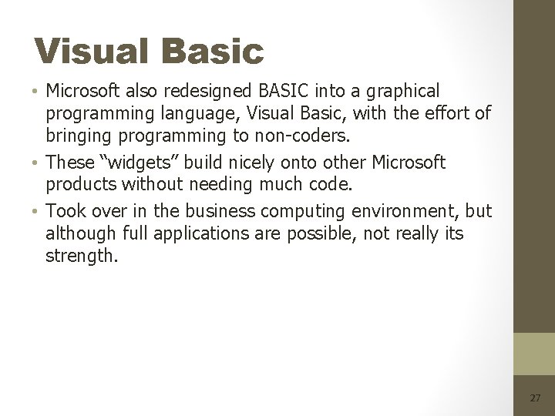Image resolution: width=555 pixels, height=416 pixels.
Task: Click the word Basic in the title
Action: pyautogui.click(x=212, y=52)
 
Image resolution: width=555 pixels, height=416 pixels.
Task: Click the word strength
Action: pyautogui.click(x=82, y=256)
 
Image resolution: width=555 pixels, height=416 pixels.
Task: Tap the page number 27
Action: pyautogui.click(x=535, y=398)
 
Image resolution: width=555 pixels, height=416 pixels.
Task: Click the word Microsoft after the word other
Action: pyautogui.click(x=409, y=163)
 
